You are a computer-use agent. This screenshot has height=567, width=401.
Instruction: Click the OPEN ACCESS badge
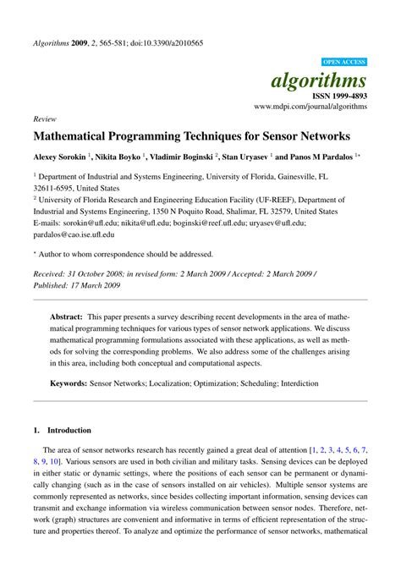click(344, 62)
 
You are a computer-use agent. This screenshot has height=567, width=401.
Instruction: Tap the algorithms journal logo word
click(318, 80)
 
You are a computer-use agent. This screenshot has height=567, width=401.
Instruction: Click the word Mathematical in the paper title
click(74, 135)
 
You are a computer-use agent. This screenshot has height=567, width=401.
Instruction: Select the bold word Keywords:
click(69, 383)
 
